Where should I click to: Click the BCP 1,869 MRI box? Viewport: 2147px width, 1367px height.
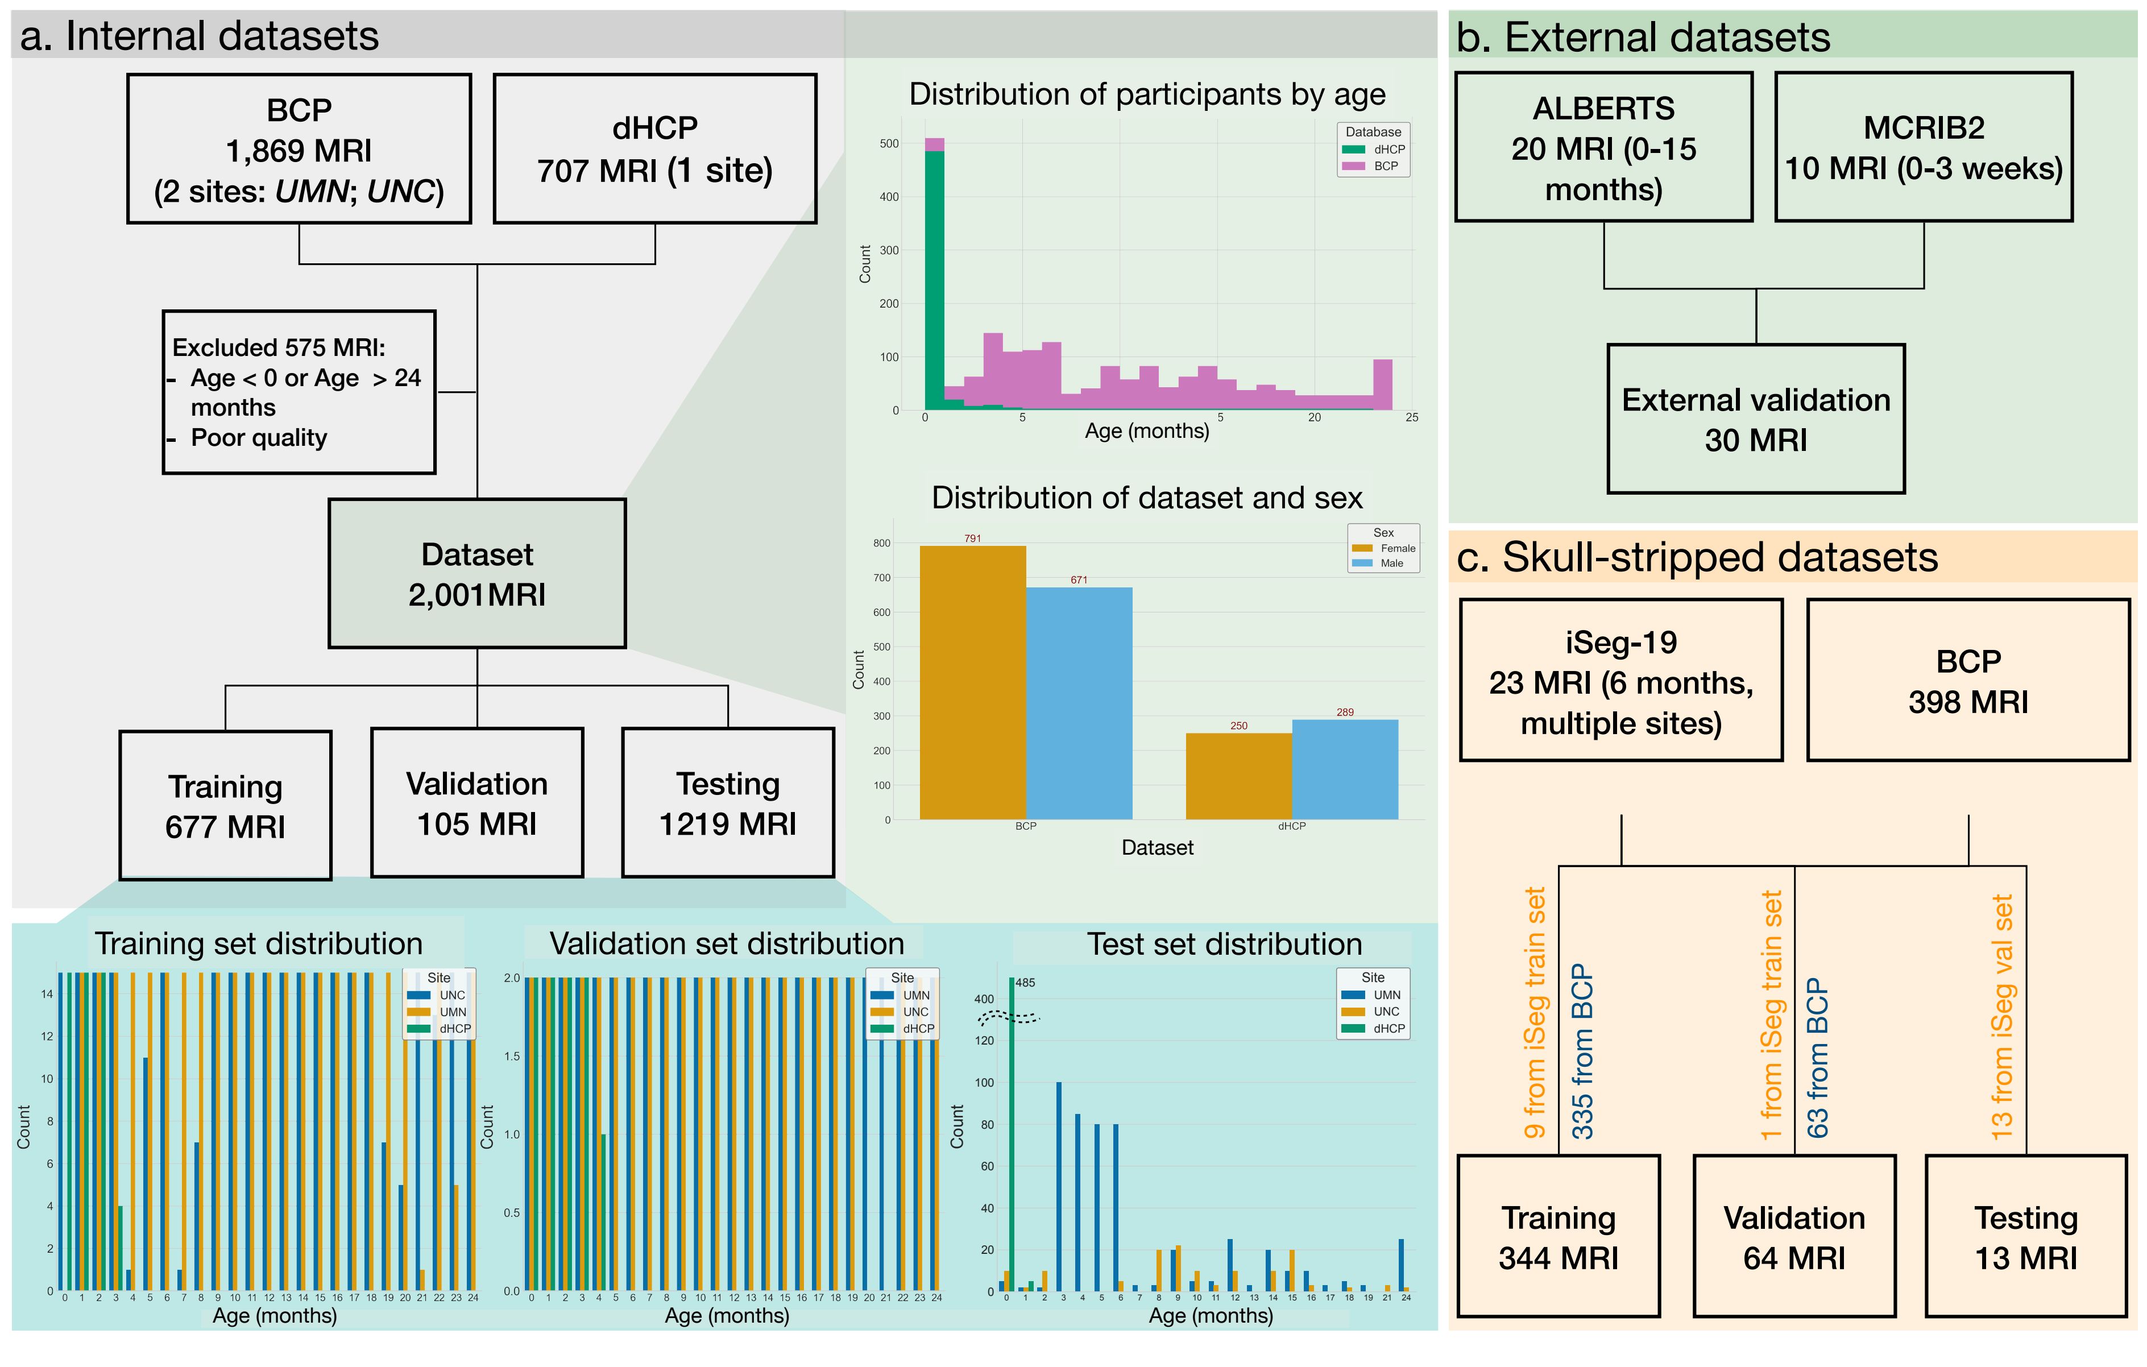[299, 149]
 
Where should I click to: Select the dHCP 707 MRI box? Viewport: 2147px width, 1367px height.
[654, 149]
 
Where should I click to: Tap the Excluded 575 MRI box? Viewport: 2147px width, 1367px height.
[299, 392]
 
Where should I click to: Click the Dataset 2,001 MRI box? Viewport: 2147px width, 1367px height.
[477, 573]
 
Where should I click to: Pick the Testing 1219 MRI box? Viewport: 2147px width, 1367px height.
[728, 803]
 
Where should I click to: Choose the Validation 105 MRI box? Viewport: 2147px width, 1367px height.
[477, 803]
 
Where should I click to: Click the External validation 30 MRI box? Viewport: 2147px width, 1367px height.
[1756, 419]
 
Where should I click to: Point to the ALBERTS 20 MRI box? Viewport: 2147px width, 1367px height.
[1603, 148]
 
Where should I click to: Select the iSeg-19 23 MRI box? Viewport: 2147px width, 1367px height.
[1620, 681]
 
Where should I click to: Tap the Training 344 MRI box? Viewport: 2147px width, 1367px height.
[1557, 1237]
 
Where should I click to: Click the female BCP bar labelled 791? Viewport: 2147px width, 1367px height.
[972, 682]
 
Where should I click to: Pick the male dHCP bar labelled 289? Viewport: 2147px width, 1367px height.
[1345, 769]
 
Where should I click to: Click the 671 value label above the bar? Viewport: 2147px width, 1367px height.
[1079, 579]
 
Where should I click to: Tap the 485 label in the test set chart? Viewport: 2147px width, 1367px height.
[1025, 983]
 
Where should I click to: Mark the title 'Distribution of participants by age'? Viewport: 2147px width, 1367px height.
[1147, 94]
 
